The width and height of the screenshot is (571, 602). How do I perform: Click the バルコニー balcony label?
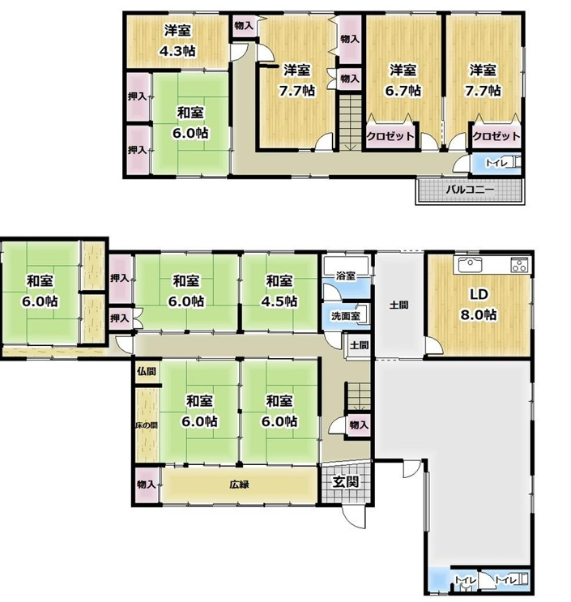point(470,190)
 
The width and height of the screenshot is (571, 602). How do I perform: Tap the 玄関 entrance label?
point(346,481)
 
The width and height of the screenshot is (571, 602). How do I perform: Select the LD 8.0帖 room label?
point(479,305)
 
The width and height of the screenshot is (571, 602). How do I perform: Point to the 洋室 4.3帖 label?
point(177,41)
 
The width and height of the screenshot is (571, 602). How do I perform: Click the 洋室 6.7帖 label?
point(403,80)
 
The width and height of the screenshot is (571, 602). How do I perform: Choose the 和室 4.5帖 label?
point(279,291)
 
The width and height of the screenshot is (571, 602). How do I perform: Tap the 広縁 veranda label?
point(240,485)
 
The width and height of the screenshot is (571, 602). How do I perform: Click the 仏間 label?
point(147,371)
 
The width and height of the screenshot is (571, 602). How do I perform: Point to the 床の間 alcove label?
point(147,425)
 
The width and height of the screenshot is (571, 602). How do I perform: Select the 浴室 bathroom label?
point(345,275)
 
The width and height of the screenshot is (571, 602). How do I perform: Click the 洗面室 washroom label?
point(345,316)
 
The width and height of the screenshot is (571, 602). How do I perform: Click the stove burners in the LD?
point(519,265)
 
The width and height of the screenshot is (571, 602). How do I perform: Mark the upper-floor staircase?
point(350,122)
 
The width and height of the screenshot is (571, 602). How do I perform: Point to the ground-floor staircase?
point(359,396)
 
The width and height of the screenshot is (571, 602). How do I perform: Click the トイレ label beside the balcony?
point(496,163)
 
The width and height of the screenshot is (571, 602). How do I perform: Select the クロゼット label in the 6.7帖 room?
point(390,136)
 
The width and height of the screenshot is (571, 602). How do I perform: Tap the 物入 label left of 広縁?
point(147,485)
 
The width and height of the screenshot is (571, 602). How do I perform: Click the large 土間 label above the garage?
point(398,305)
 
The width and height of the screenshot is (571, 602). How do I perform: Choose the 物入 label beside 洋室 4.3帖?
point(244,26)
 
